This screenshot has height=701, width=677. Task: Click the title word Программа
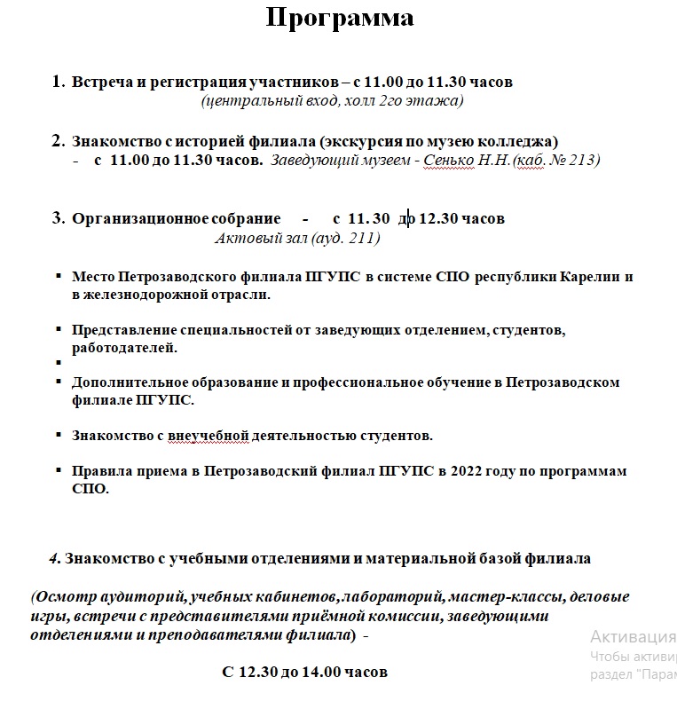(x=339, y=19)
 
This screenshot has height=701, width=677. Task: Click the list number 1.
(x=58, y=82)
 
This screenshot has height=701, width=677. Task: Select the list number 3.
(x=58, y=218)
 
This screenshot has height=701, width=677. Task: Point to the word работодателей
(x=124, y=348)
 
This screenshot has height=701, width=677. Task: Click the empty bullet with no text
(x=59, y=364)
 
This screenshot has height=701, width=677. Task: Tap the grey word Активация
(x=633, y=637)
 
